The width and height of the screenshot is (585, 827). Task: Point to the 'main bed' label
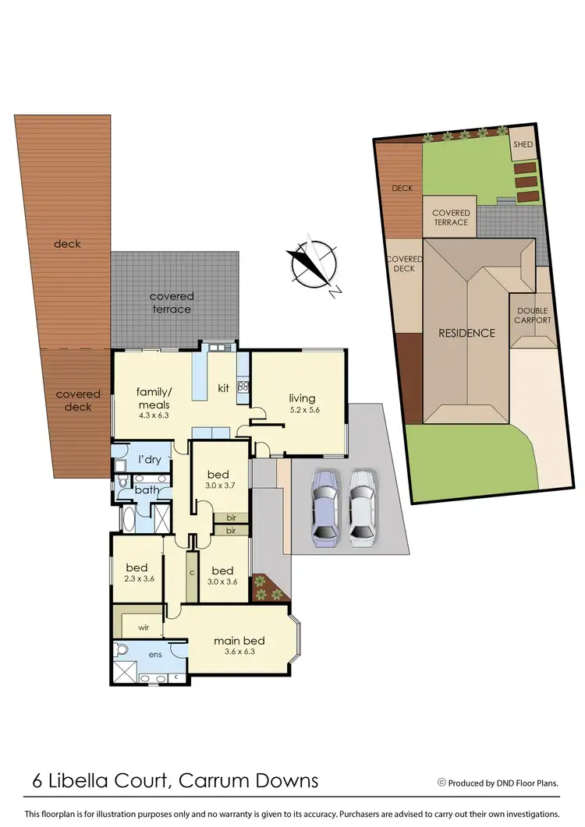tap(236, 641)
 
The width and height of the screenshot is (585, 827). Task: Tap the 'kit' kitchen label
tap(223, 387)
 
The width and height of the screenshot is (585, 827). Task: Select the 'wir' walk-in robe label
tap(144, 625)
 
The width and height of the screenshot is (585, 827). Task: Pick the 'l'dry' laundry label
tap(150, 459)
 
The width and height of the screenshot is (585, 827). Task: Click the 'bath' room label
tap(147, 489)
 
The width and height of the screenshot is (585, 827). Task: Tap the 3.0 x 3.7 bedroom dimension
tap(218, 486)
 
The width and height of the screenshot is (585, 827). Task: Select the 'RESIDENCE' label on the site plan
tap(466, 333)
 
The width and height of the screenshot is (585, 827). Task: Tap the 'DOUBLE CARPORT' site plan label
tap(534, 315)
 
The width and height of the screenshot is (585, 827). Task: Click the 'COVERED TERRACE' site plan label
tap(451, 217)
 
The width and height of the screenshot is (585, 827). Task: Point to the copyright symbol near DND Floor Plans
tap(441, 782)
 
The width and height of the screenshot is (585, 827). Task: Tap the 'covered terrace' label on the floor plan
tap(172, 302)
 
